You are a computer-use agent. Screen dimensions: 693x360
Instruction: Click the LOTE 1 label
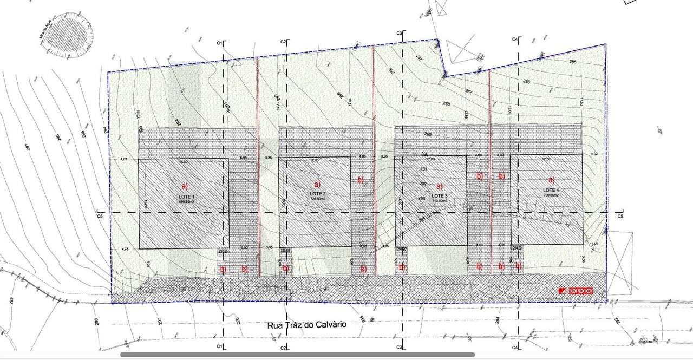(186, 196)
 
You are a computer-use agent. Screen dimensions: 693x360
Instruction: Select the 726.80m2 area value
(317, 199)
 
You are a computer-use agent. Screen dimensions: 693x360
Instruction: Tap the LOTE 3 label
(439, 195)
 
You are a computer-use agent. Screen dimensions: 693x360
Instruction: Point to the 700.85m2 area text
(552, 195)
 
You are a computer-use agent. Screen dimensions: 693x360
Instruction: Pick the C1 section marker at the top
(219, 42)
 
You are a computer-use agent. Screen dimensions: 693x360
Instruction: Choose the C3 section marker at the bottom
(399, 346)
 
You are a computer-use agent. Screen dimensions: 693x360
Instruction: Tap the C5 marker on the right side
(620, 216)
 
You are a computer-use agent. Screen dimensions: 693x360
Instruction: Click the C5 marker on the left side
(100, 216)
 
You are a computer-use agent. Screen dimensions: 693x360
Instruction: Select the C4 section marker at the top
(515, 40)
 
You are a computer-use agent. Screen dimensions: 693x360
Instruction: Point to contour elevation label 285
(573, 62)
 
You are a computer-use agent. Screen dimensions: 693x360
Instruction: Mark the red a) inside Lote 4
(552, 180)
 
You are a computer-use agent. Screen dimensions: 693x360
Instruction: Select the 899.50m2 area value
(186, 201)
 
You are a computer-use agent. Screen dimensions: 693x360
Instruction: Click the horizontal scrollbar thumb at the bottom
(297, 355)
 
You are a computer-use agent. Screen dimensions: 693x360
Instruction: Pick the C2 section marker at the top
(283, 42)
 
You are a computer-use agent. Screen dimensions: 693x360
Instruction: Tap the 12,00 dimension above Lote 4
(546, 159)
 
